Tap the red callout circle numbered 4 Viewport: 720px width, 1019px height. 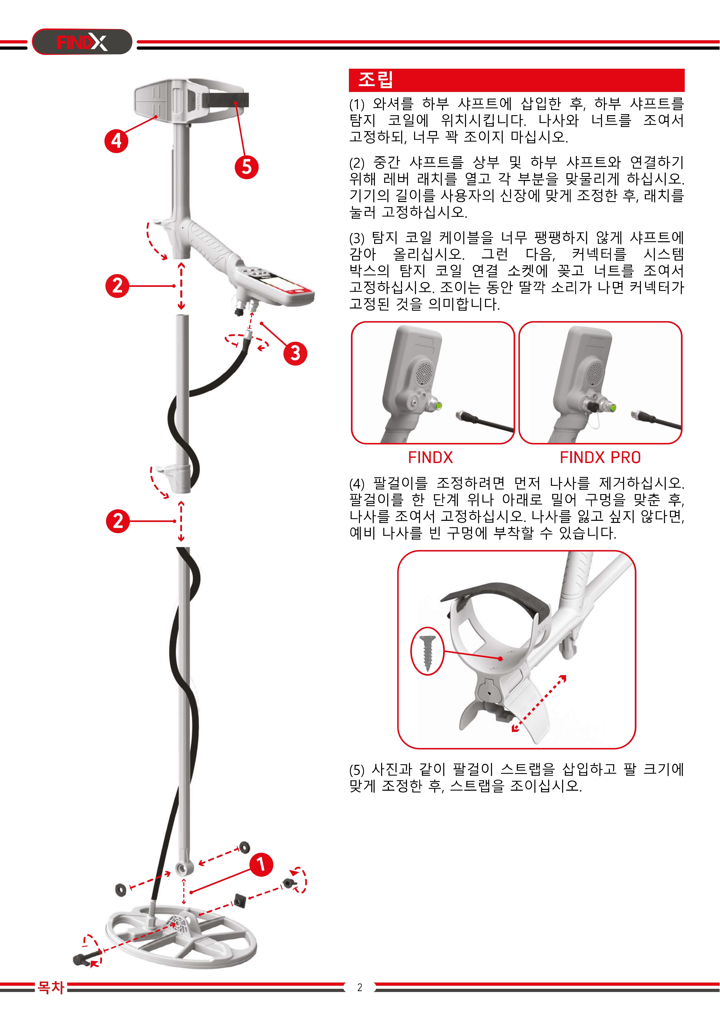(116, 141)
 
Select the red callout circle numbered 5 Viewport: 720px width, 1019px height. (247, 167)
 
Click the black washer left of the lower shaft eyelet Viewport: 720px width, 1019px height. (120, 889)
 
